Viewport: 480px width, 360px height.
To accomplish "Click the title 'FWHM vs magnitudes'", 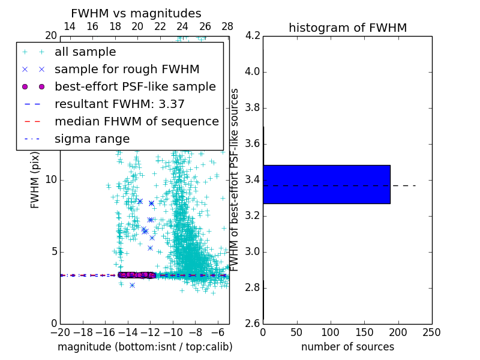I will click(x=136, y=14).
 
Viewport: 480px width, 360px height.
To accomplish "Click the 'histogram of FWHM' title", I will click(x=347, y=28).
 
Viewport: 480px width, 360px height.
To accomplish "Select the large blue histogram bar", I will click(x=326, y=184).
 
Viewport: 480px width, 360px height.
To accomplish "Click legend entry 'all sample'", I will click(x=85, y=52).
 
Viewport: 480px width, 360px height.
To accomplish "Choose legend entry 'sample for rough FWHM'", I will click(x=127, y=69).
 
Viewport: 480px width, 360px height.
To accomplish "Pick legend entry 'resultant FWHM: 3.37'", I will click(x=119, y=104).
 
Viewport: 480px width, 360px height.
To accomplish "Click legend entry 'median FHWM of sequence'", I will click(x=136, y=121).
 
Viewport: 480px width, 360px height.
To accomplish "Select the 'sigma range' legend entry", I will click(x=92, y=139).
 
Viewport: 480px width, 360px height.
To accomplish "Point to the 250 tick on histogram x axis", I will click(x=431, y=332).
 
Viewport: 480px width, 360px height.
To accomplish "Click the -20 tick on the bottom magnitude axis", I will click(x=60, y=332).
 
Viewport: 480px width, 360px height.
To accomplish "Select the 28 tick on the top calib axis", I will click(x=227, y=26).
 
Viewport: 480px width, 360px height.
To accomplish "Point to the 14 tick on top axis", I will click(x=70, y=26).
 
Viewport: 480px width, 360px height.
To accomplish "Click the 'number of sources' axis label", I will click(x=347, y=347).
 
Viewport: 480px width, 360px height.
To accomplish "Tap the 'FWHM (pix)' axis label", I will click(x=35, y=179).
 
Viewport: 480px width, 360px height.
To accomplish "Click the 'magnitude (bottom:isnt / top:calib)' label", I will click(x=145, y=347).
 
